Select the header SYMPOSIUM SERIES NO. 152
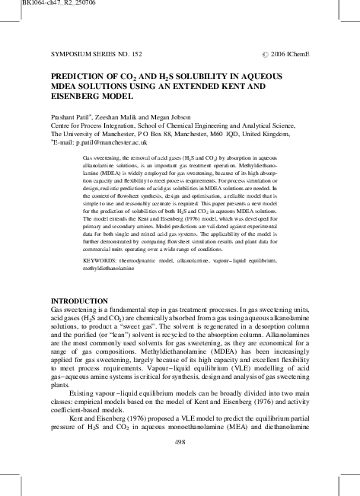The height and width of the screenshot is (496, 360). click(x=94, y=56)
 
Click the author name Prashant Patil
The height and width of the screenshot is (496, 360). click(x=75, y=114)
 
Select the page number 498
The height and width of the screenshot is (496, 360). click(x=180, y=441)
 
